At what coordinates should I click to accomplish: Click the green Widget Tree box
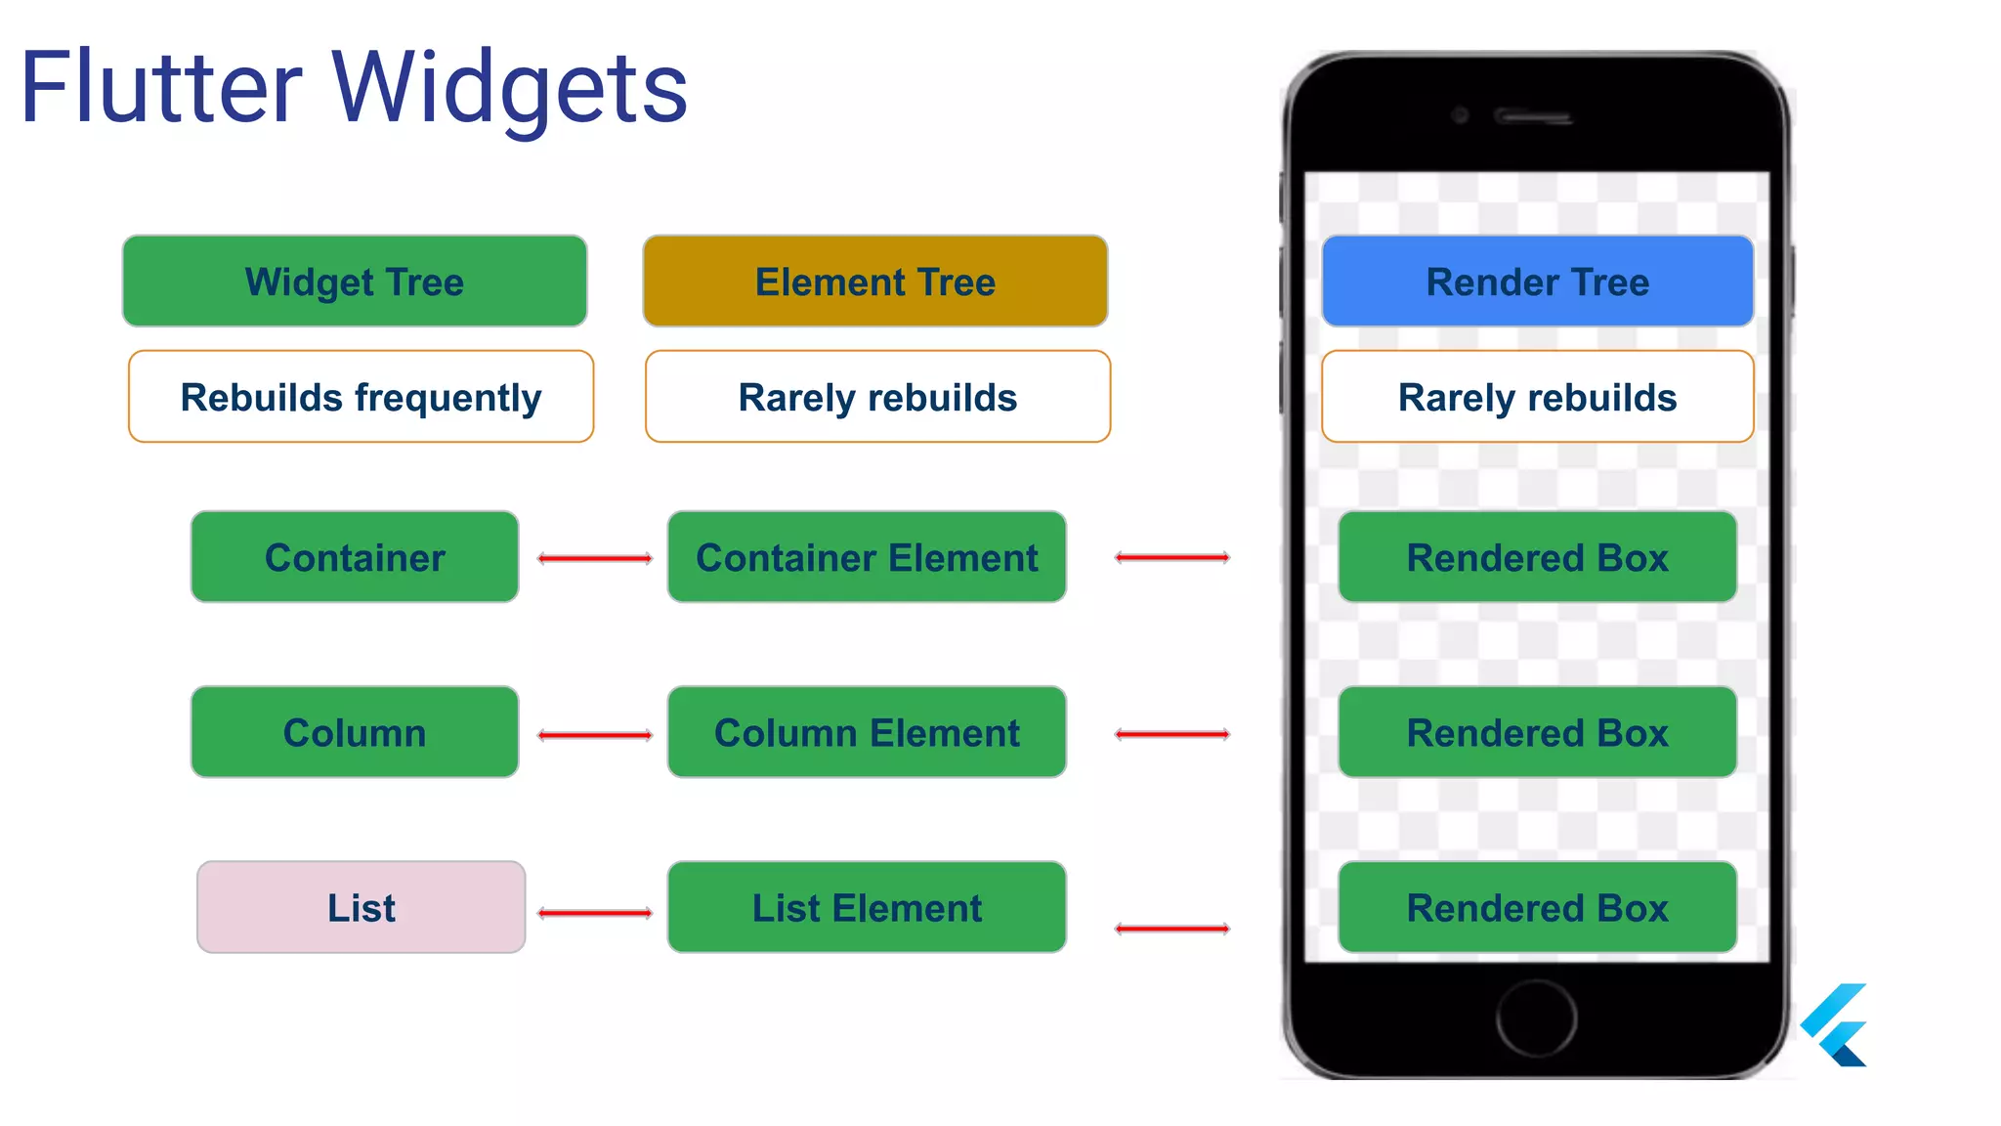[x=355, y=281]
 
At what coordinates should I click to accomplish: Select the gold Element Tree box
[x=875, y=281]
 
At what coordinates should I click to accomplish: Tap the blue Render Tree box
[x=1537, y=281]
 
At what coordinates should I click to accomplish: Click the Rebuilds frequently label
[x=361, y=397]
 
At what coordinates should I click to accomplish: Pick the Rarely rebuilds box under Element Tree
[x=877, y=397]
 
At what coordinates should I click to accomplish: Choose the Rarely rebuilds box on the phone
[x=1537, y=397]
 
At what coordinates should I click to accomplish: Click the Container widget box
[x=355, y=557]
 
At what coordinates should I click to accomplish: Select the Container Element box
[x=867, y=557]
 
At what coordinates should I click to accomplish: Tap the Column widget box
[x=355, y=732]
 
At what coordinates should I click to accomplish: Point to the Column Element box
[x=867, y=732]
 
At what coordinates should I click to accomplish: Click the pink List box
[x=361, y=907]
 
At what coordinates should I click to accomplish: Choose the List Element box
[x=867, y=907]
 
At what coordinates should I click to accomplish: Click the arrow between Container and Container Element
[x=595, y=558]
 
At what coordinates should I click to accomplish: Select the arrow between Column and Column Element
[x=595, y=735]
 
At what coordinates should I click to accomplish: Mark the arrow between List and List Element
[x=595, y=913]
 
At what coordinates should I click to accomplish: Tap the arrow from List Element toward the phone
[x=1172, y=928]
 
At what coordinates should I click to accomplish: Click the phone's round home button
[x=1536, y=1018]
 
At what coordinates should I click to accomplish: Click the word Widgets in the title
[x=510, y=88]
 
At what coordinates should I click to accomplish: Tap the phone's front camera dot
[x=1461, y=115]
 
